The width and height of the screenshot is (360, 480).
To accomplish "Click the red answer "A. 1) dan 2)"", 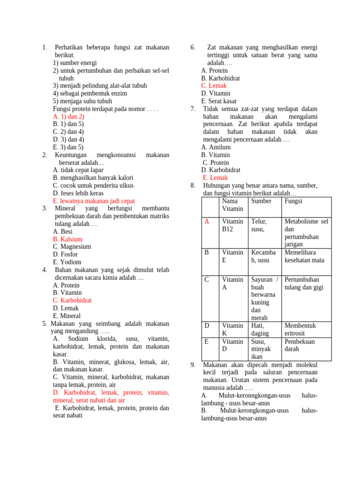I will point(68,116).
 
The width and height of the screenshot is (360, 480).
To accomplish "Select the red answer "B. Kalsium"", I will point(67,239).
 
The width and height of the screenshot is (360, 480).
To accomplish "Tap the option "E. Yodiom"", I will point(67,262).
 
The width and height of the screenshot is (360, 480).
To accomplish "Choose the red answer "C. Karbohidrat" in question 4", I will point(72,300).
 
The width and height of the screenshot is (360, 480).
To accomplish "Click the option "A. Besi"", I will point(63,232).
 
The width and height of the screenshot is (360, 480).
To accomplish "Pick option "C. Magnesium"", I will point(72,247).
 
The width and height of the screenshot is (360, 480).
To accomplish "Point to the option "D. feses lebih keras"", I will point(78,193).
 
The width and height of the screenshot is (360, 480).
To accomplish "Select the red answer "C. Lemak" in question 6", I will point(214,86).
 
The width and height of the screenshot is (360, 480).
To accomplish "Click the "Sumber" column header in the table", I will point(261,201).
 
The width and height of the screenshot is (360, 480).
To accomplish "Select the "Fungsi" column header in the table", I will point(293,201).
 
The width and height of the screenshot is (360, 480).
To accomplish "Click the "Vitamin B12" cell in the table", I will point(232,225).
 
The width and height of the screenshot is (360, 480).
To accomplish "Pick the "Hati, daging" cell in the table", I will point(260,329).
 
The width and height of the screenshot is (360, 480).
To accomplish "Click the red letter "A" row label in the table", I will point(207,221).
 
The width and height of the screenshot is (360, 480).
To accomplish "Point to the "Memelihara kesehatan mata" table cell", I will point(304,256).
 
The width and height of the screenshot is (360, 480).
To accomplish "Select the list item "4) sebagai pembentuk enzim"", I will point(90,93).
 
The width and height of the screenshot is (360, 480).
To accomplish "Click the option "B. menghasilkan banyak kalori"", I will point(93,178).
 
